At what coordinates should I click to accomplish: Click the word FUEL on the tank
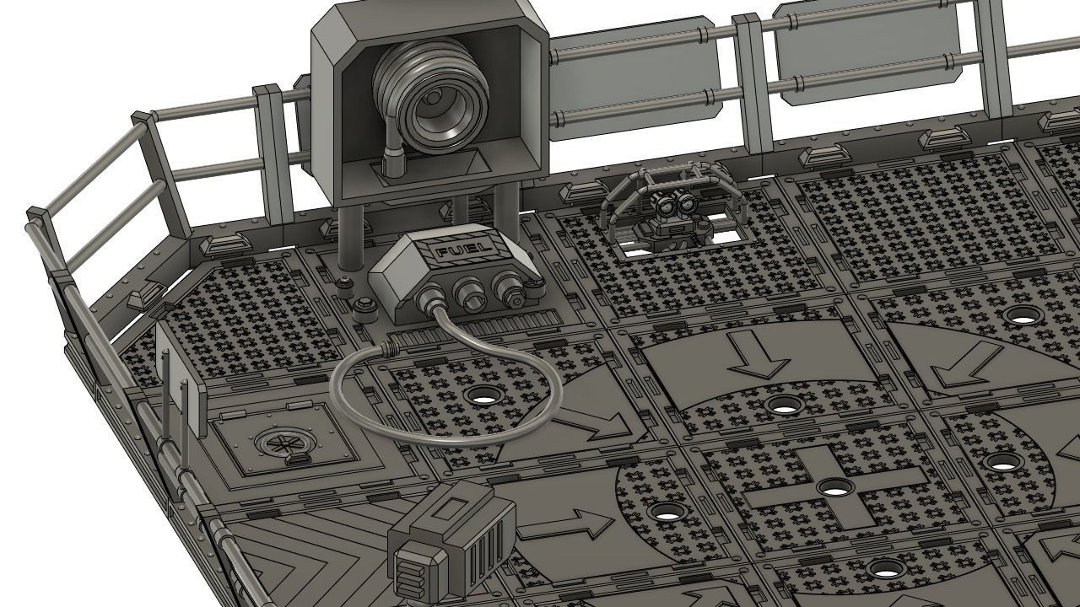coord(456,252)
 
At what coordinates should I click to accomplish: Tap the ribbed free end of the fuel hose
coord(391,347)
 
